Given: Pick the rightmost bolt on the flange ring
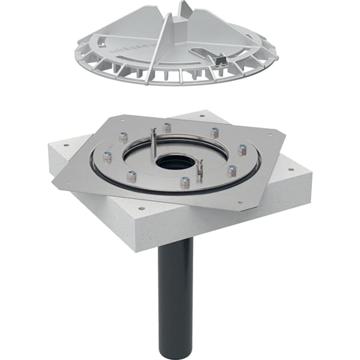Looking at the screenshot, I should [x=242, y=149].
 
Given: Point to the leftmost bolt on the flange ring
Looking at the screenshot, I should [x=107, y=157].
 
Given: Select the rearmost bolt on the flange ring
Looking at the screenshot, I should [x=167, y=127].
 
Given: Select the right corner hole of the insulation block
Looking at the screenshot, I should [x=292, y=169].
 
